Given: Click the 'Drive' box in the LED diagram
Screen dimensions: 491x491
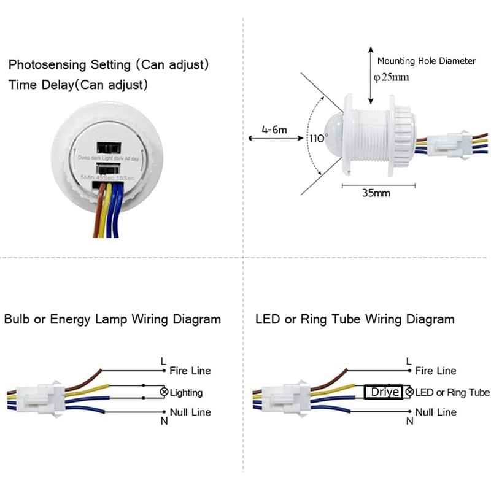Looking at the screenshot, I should click(384, 392).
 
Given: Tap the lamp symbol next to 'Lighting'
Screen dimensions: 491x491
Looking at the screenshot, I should click(164, 392).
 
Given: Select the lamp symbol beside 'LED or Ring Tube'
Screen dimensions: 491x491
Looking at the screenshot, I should click(409, 392).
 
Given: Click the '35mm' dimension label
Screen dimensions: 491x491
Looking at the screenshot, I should click(377, 193).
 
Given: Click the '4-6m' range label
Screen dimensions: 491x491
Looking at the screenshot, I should click(274, 130).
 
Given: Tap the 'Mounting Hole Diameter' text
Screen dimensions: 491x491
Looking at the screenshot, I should click(427, 61).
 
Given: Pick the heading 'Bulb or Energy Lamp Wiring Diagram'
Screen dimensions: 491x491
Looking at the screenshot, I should click(112, 319).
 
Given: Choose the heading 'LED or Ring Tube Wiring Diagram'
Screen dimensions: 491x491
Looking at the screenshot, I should click(355, 319).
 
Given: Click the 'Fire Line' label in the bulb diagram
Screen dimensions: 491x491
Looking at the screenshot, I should click(190, 371).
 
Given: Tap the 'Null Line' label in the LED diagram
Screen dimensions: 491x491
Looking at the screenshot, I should click(436, 412).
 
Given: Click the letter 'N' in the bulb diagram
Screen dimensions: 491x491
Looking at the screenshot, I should click(164, 421).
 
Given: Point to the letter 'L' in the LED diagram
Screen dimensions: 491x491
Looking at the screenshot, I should click(409, 361).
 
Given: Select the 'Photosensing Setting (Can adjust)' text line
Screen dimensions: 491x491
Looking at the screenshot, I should click(109, 64).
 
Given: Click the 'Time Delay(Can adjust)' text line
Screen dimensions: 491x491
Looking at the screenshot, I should click(78, 84).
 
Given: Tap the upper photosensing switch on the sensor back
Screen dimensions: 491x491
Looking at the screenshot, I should click(108, 148).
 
